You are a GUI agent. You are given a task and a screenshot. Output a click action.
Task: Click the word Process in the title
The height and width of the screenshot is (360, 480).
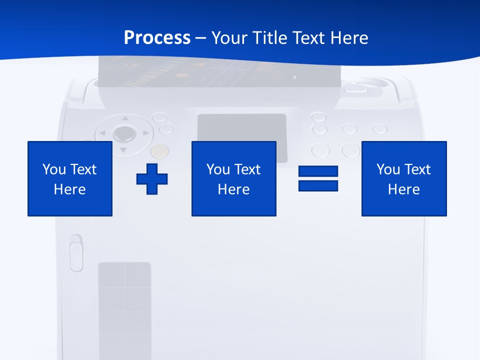point(157,38)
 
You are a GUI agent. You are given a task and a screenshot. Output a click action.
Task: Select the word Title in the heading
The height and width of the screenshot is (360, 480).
point(269,38)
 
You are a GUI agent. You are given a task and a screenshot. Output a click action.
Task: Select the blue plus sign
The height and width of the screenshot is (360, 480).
point(152,178)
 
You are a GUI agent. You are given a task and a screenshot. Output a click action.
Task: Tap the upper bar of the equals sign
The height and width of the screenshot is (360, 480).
point(318,171)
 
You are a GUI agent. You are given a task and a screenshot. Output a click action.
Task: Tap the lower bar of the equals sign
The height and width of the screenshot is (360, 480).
point(318,185)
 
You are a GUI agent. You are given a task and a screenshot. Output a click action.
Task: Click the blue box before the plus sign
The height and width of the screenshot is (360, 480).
point(70,178)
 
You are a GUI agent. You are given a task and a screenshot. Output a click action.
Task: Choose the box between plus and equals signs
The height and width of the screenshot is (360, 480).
point(233,178)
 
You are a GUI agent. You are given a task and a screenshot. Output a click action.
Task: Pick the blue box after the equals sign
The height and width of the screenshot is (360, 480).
point(403,178)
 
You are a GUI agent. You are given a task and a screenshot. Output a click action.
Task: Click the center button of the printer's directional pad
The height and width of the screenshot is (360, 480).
point(123,133)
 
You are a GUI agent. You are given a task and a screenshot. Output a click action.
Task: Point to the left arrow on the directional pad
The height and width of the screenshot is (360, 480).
point(102,133)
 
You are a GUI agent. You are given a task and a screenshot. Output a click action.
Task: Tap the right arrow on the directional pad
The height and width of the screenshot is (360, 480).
point(145,133)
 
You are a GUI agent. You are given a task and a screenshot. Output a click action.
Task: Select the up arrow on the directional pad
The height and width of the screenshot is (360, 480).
point(124,119)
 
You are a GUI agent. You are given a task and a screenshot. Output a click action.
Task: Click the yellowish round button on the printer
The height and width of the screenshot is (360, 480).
point(159,150)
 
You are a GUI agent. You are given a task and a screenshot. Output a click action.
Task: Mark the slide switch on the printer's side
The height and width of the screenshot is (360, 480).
point(76,253)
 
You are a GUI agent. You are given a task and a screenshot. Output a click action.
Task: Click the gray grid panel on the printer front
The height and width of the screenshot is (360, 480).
point(124,310)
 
